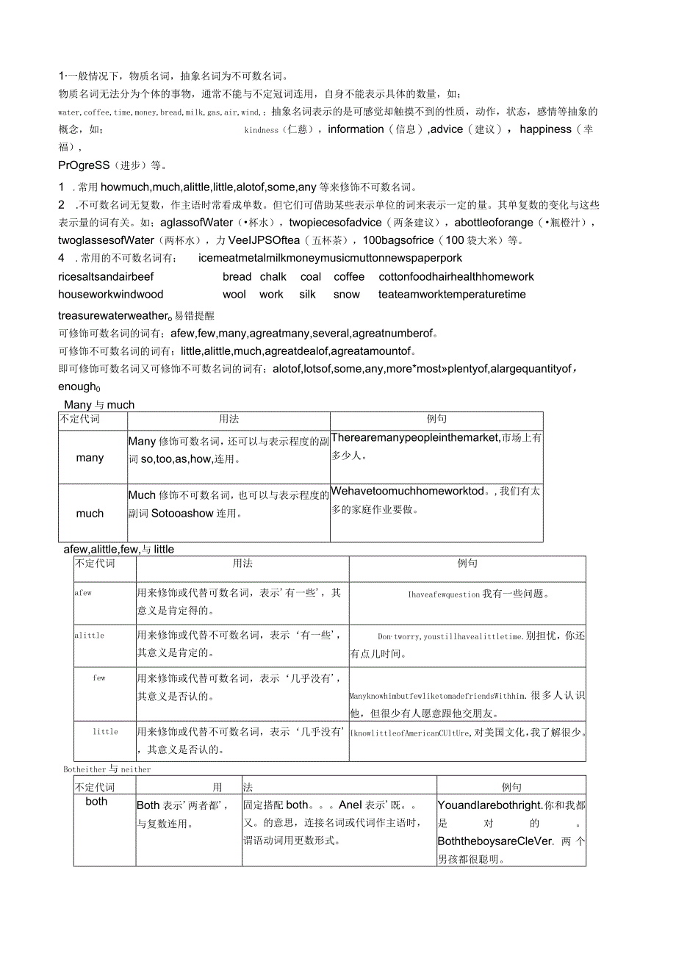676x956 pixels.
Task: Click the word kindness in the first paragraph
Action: coord(261,130)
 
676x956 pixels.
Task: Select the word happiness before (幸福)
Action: coord(545,129)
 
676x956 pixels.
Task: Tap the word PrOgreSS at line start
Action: coord(84,165)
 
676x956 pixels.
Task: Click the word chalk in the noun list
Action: coord(273,277)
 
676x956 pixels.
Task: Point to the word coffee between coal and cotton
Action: coord(349,277)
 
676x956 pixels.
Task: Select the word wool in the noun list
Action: coord(234,295)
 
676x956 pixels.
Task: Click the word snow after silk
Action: coord(347,295)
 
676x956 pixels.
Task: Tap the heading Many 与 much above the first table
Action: coord(99,405)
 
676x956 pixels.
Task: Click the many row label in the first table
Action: coord(90,458)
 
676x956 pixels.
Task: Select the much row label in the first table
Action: coord(90,514)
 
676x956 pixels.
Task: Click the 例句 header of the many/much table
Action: coord(436,419)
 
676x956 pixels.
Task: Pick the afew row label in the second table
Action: coord(83,592)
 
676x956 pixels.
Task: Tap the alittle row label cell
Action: coord(89,636)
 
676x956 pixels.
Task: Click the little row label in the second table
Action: coord(105,732)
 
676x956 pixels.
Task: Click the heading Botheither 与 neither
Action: coord(107,769)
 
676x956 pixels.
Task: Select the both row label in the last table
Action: coord(96,802)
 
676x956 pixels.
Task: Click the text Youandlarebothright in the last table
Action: coord(489,805)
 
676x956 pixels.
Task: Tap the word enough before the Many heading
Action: coord(78,387)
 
